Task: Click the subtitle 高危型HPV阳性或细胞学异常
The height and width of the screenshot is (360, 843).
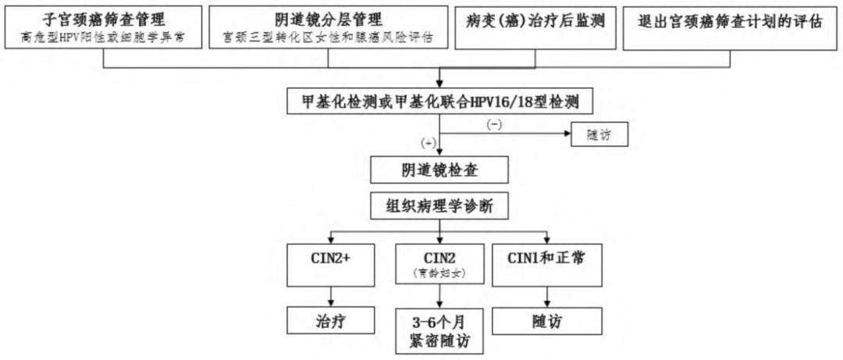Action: point(104,37)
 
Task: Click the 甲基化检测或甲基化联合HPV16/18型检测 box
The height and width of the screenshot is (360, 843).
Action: point(441,102)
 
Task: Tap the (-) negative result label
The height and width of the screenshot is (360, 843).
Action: point(494,123)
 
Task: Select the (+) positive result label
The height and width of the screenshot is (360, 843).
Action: point(428,144)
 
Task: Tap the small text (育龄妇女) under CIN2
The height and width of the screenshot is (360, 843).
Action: point(441,275)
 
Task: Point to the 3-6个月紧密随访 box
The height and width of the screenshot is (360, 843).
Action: point(441,330)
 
